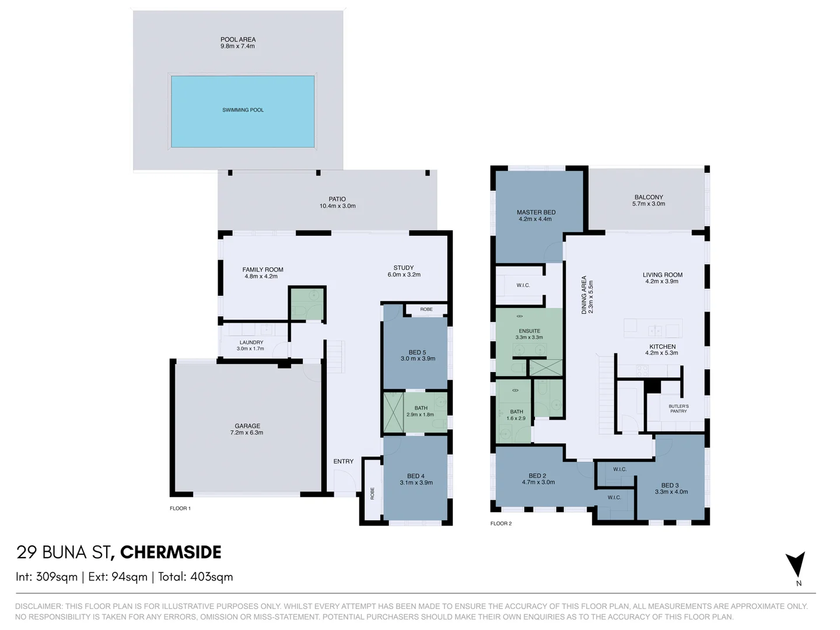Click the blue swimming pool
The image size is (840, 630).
pyautogui.click(x=243, y=111)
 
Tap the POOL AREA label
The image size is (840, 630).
pyautogui.click(x=238, y=40)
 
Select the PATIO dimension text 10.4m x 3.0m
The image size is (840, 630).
pyautogui.click(x=337, y=206)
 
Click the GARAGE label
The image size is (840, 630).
pyautogui.click(x=247, y=426)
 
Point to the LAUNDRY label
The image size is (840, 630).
pyautogui.click(x=251, y=342)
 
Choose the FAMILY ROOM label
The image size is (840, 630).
pyautogui.click(x=262, y=269)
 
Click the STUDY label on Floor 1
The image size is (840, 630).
pyautogui.click(x=404, y=268)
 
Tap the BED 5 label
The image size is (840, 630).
pyautogui.click(x=417, y=352)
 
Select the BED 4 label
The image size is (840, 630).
pyautogui.click(x=416, y=476)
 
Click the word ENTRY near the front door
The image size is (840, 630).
pyautogui.click(x=344, y=461)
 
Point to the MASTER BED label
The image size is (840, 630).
pyautogui.click(x=535, y=212)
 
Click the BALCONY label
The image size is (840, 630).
pyautogui.click(x=649, y=197)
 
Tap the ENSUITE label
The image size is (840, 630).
pyautogui.click(x=529, y=331)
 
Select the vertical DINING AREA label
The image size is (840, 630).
pyautogui.click(x=584, y=295)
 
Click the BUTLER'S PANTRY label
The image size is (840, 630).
pyautogui.click(x=678, y=408)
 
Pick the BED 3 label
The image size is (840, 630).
pyautogui.click(x=670, y=485)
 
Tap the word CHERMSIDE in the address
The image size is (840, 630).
pyautogui.click(x=170, y=552)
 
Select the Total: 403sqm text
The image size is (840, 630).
pyautogui.click(x=195, y=577)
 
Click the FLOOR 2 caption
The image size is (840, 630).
pyautogui.click(x=501, y=523)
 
